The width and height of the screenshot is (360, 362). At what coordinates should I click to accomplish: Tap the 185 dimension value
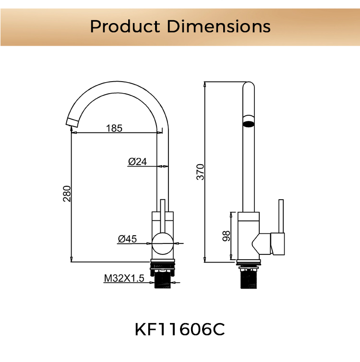pos(114,128)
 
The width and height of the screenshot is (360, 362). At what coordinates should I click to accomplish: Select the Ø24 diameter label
pos(137,162)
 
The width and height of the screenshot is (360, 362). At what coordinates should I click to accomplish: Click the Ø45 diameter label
pos(128,238)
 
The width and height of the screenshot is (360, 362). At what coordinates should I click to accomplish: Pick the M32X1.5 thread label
pos(124,278)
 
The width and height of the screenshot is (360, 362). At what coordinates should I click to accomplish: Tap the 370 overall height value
pos(201,172)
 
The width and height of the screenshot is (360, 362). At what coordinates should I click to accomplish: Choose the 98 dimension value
pos(227,235)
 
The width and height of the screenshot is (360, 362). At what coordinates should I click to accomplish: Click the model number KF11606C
pos(180,330)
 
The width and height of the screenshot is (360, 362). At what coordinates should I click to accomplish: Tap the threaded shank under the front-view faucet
pos(163,278)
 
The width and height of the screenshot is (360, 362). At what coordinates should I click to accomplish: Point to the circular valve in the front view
pos(163,243)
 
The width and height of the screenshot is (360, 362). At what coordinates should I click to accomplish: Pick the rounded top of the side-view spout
pos(248,87)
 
